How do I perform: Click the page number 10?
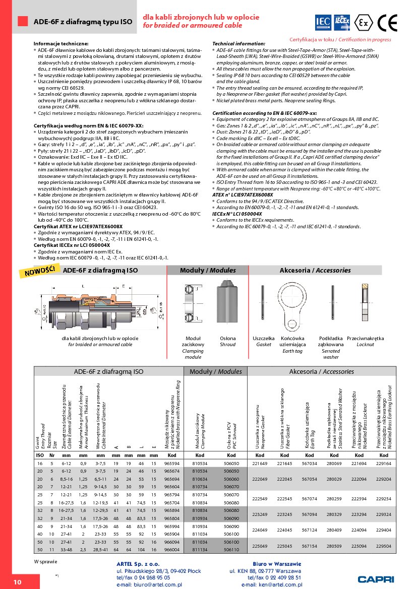(17, 581)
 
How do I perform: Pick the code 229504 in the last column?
(384, 546)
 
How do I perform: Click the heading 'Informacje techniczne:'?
(61, 44)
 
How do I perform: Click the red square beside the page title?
(22, 21)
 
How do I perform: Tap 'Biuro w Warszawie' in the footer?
(276, 564)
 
